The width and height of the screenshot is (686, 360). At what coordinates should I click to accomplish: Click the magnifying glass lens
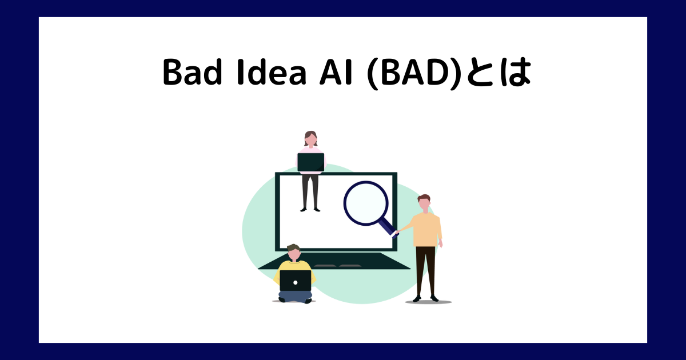366,203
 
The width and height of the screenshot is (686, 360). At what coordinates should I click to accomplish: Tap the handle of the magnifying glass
389,227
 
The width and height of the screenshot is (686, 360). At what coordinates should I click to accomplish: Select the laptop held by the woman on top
310,162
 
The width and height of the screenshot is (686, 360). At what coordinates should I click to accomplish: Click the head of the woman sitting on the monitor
310,139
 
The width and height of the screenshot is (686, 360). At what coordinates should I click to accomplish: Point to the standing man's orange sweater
426,229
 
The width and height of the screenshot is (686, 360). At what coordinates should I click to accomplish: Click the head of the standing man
424,202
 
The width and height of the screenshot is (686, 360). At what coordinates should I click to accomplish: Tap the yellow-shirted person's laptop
296,281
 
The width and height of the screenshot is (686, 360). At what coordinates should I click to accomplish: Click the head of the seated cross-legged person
293,251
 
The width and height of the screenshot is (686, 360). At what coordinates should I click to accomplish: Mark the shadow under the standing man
428,302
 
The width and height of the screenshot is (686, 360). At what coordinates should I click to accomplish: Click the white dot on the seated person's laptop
296,282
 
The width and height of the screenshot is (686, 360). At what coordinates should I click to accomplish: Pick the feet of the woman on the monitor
310,209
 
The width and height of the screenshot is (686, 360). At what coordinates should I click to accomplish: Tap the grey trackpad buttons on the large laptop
337,266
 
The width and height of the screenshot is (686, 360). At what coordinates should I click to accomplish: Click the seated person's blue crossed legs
295,296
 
